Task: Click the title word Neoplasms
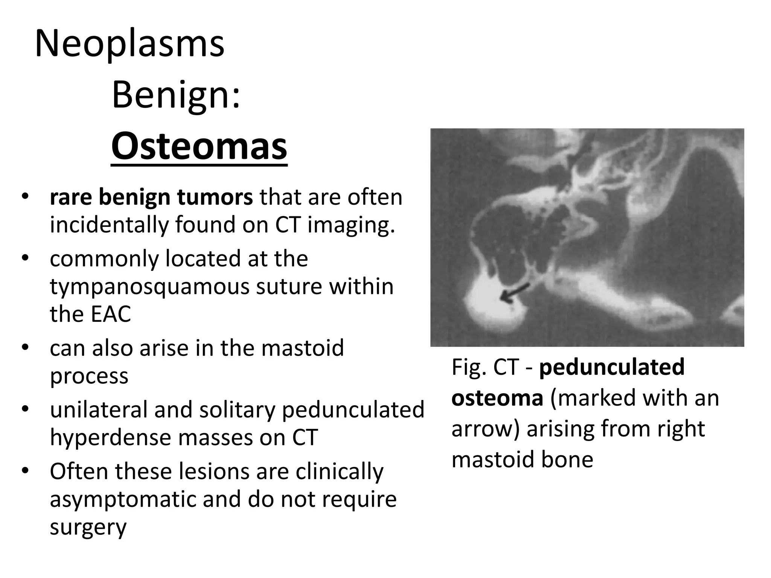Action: pos(130,44)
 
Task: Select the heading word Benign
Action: pos(175,96)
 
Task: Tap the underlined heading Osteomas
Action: pos(199,147)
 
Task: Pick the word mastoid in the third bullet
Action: pos(302,348)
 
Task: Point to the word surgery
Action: pos(88,527)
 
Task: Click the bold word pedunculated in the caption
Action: pos(611,367)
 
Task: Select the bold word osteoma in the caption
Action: pos(497,398)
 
